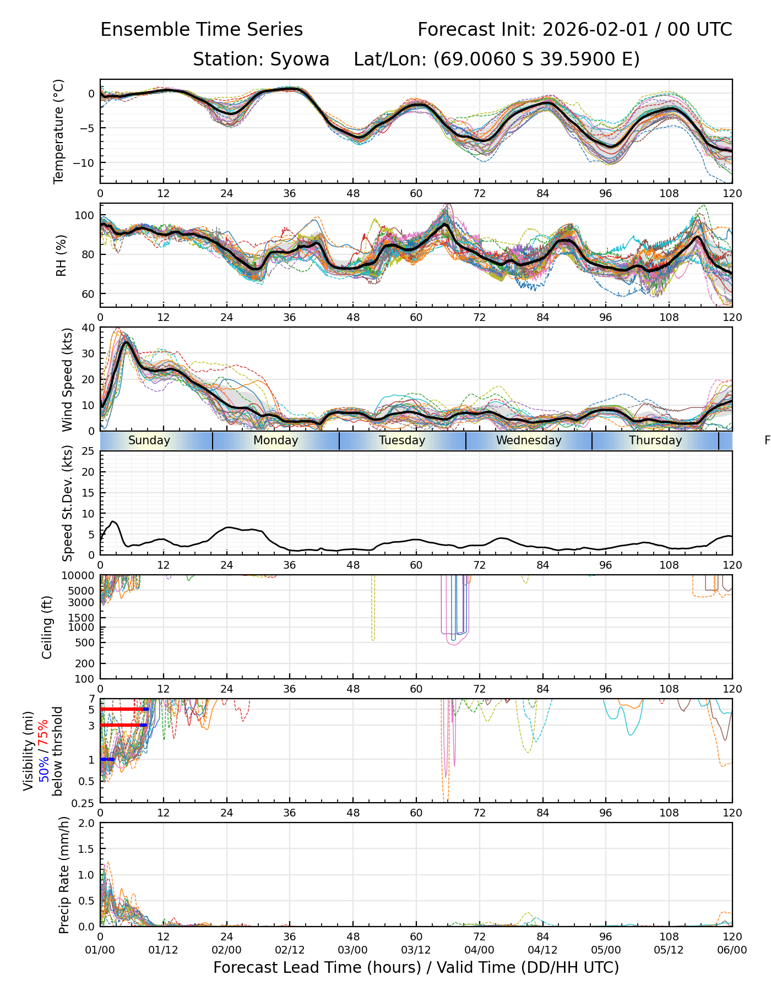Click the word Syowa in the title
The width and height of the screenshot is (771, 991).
[x=300, y=59]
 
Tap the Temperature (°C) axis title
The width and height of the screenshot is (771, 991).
[x=59, y=131]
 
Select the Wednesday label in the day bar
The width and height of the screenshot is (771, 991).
[x=529, y=440]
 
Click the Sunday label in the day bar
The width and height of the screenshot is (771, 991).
[x=149, y=440]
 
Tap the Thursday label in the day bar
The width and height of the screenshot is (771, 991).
[x=655, y=440]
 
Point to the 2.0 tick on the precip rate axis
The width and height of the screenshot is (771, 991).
[x=86, y=823]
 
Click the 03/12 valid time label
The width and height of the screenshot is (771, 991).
[x=416, y=950]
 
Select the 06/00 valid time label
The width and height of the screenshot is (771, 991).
[x=732, y=950]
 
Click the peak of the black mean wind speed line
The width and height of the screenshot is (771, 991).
[x=127, y=342]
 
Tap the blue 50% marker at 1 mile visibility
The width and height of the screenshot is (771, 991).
[x=107, y=759]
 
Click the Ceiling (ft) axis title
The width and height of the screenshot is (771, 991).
[x=47, y=627]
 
